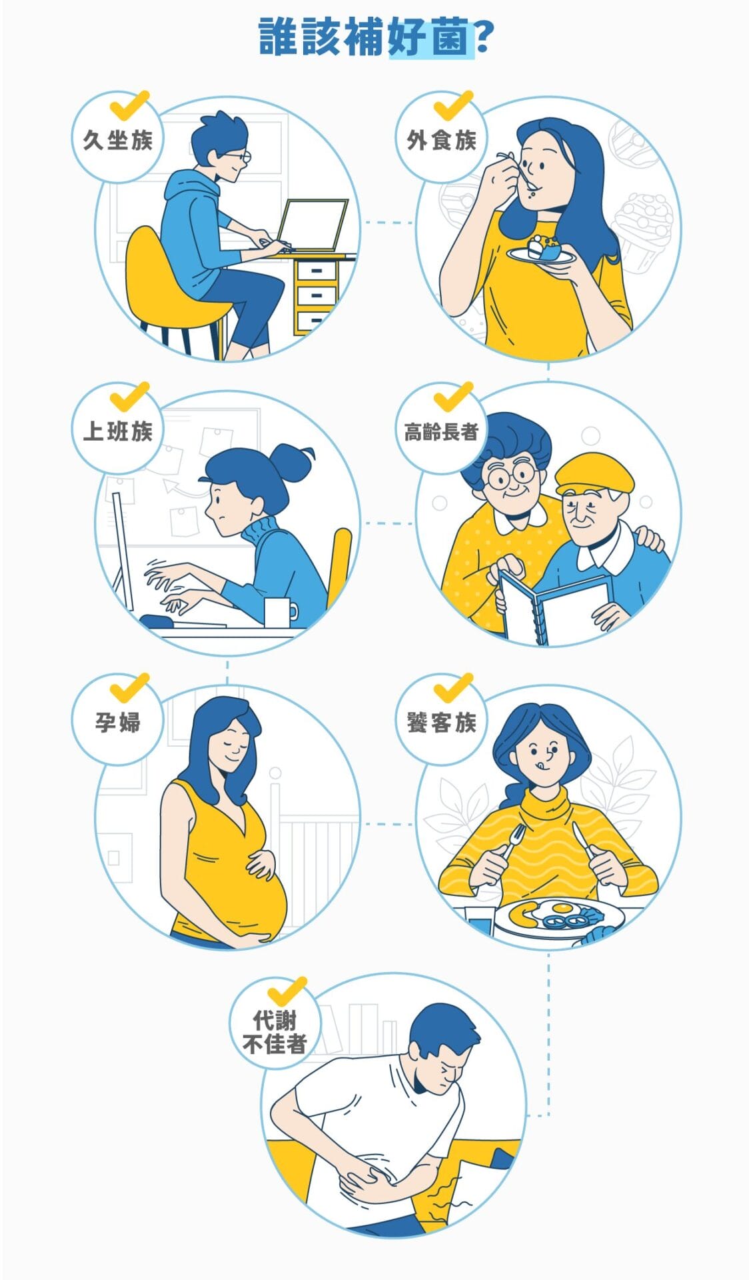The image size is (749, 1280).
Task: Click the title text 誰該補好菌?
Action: (374, 37)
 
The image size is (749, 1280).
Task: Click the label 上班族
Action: (117, 431)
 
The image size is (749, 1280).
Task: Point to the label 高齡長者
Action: (442, 432)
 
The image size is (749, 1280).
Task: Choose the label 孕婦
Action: (117, 722)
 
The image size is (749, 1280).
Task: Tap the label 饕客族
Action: (442, 722)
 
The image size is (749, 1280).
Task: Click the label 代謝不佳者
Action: (275, 1032)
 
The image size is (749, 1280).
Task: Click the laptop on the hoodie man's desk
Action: (313, 225)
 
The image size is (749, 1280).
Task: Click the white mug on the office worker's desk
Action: (279, 612)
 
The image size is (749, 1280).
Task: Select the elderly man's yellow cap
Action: (594, 472)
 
